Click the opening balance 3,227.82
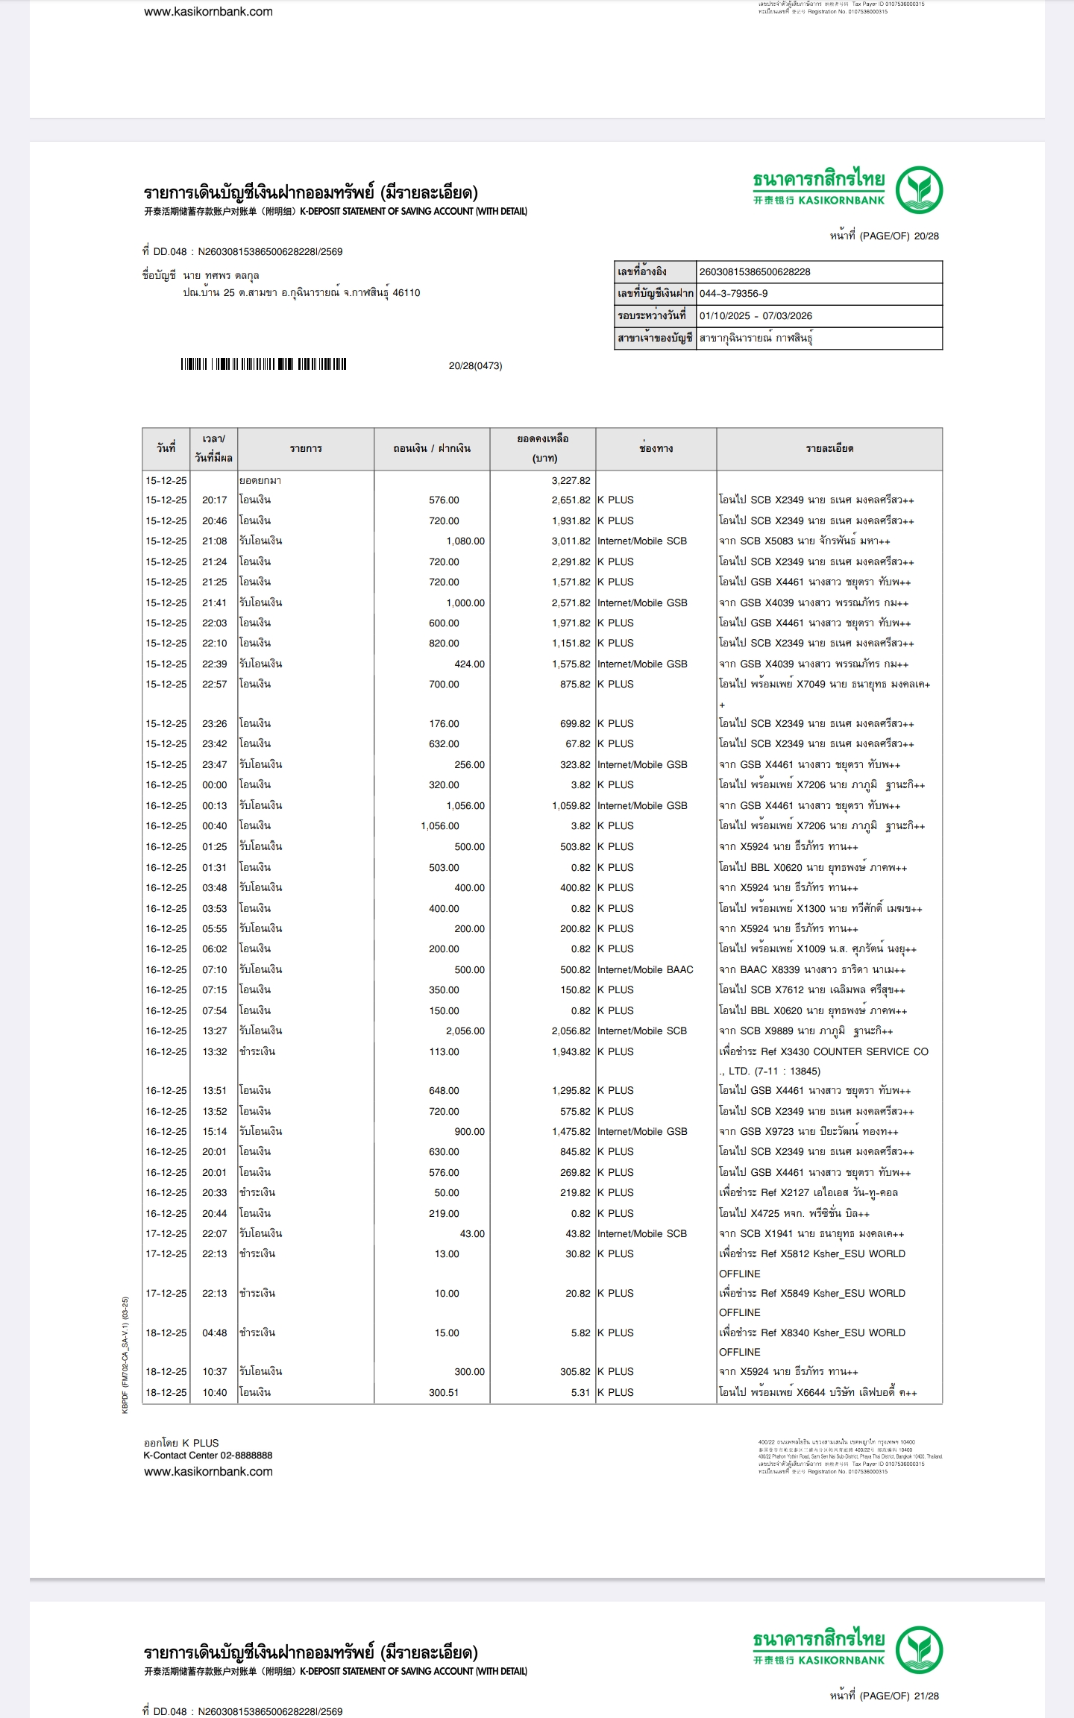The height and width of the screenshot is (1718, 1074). point(571,481)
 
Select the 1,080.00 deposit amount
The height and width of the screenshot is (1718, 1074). point(465,541)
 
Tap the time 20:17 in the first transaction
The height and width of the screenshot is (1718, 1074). point(214,500)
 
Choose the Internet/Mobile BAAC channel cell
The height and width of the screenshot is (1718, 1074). point(645,970)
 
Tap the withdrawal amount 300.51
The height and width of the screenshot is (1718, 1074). point(444,1393)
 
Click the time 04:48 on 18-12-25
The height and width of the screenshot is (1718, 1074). point(214,1333)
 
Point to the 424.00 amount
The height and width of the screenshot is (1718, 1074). point(469,664)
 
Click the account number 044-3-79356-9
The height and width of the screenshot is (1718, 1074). point(733,294)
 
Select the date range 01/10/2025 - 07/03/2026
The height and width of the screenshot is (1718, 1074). point(756,316)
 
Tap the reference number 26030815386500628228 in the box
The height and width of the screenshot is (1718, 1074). point(755,272)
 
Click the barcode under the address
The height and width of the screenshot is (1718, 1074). point(263,365)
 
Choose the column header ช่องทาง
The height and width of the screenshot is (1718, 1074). point(656,449)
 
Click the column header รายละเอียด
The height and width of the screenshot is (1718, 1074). point(829,449)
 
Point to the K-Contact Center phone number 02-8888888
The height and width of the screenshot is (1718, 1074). point(246,1456)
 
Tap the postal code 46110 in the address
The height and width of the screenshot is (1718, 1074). point(406,293)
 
